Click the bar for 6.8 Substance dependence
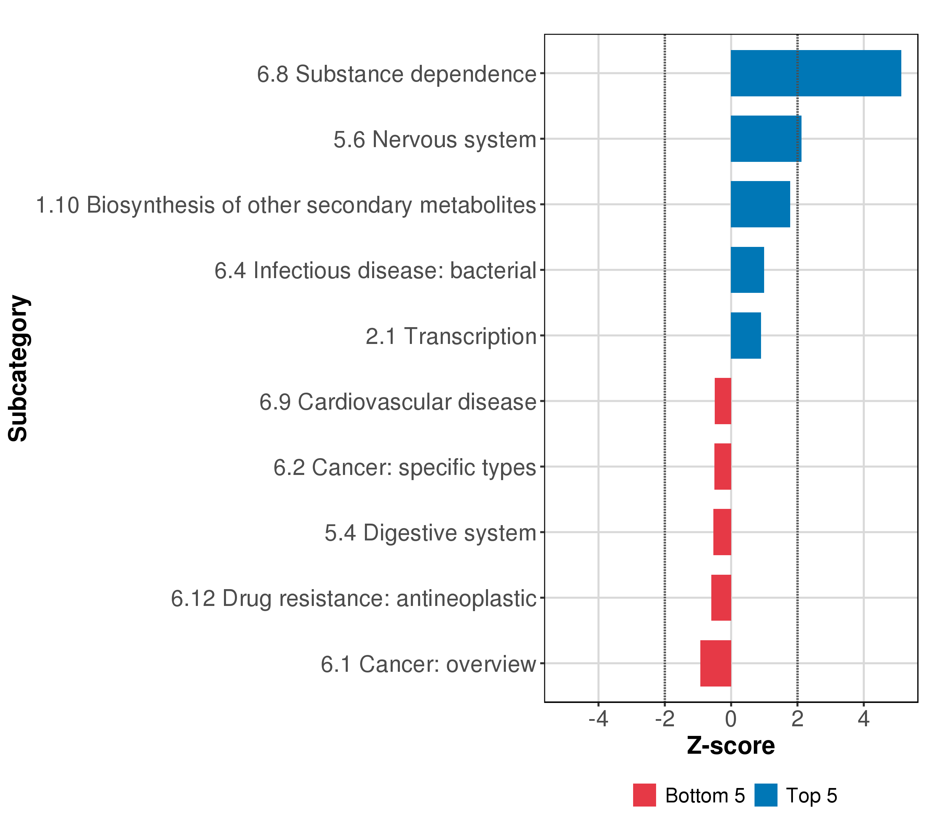click(x=816, y=73)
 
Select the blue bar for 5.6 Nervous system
click(x=765, y=139)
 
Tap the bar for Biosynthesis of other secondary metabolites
click(x=760, y=204)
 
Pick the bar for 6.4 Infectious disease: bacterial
click(x=747, y=270)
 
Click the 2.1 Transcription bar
click(x=746, y=336)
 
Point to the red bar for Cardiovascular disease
click(x=723, y=401)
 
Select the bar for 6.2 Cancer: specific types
click(x=723, y=466)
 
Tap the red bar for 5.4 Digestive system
click(x=722, y=532)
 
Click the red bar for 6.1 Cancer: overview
click(x=716, y=663)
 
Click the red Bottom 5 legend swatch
click(x=644, y=795)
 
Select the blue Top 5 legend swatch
click(x=765, y=795)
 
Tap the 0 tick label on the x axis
click(x=731, y=719)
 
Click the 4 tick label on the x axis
click(x=864, y=719)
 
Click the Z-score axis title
click(x=731, y=746)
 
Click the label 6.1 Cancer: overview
click(x=428, y=665)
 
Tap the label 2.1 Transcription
click(x=451, y=336)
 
